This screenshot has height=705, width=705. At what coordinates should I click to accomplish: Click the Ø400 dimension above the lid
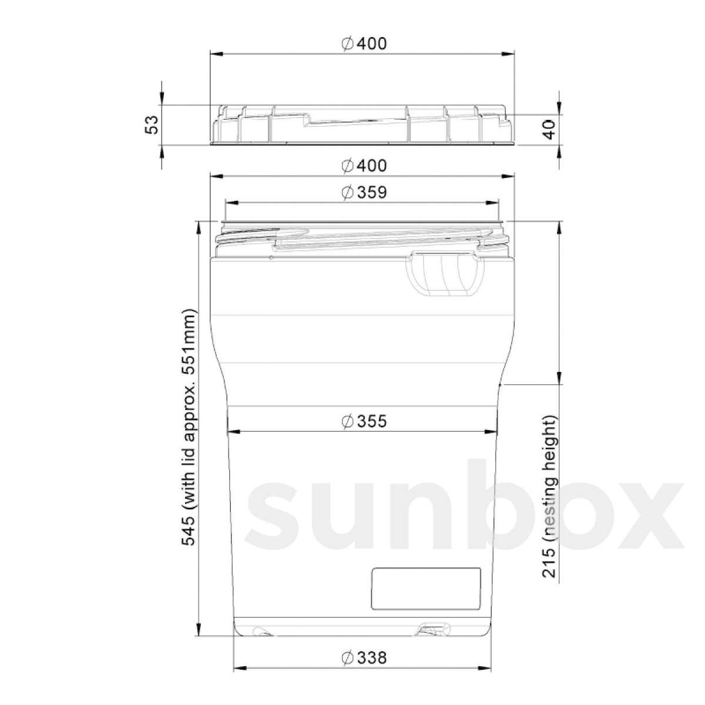(364, 43)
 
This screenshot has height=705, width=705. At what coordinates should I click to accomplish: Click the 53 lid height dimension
(152, 125)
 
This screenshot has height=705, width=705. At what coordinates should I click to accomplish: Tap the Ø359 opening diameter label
(364, 192)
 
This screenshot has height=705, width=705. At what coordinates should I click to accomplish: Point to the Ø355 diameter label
(364, 421)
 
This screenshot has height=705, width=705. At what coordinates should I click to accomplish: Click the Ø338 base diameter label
(364, 657)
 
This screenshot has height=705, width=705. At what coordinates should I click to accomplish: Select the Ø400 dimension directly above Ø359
(364, 166)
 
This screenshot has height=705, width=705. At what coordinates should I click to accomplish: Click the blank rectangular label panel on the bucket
(426, 588)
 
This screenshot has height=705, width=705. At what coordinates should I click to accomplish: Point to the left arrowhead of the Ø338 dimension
(237, 668)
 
